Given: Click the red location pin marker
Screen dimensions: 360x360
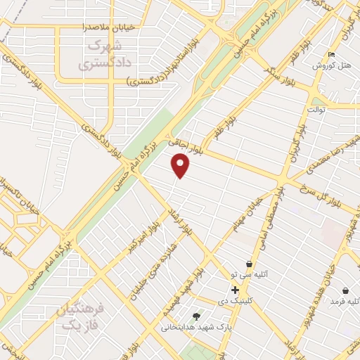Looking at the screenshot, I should pyautogui.click(x=181, y=165).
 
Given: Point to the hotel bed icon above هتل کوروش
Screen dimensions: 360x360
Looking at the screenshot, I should pyautogui.click(x=332, y=54).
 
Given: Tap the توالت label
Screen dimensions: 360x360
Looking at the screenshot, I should pyautogui.click(x=319, y=110).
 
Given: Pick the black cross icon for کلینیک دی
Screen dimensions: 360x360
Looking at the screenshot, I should pyautogui.click(x=235, y=290).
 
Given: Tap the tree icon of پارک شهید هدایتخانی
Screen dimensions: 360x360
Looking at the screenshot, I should pyautogui.click(x=196, y=316).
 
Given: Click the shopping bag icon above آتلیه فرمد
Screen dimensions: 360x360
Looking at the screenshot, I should pyautogui.click(x=345, y=290).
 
